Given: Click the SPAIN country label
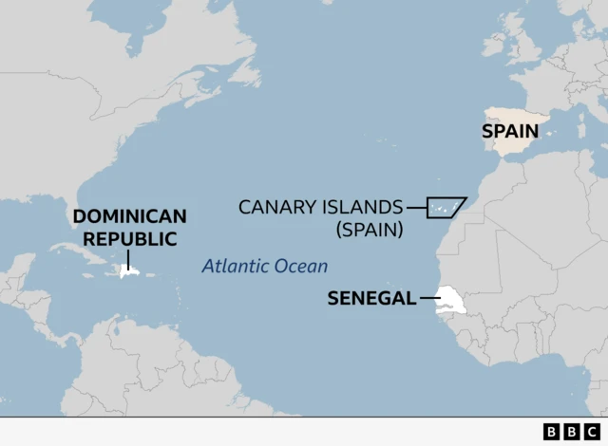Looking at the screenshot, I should [510, 131].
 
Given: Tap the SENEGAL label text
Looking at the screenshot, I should [371, 298].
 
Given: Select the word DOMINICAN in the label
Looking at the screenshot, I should [129, 216].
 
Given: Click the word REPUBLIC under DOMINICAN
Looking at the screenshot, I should [129, 239].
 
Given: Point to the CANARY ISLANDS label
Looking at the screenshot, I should [320, 207].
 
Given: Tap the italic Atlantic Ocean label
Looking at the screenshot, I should [264, 267].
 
